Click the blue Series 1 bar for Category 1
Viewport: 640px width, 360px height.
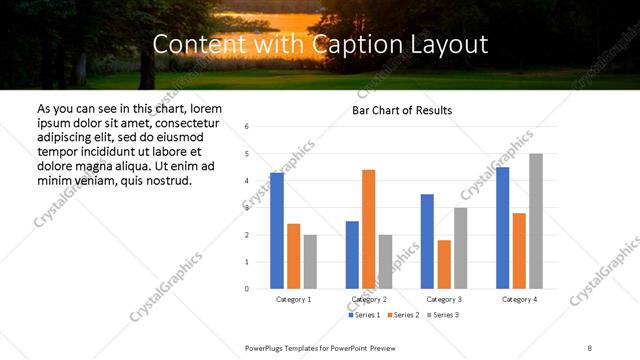pos(277,231)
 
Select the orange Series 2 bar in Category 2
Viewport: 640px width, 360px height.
pos(368,229)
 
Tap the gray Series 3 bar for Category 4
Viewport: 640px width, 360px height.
pos(536,221)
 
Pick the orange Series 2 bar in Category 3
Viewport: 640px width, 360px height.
pos(444,264)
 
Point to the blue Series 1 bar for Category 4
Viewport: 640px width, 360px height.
pos(502,228)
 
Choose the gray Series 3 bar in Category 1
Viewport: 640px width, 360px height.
pos(310,261)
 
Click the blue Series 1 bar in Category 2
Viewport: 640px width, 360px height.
pos(352,255)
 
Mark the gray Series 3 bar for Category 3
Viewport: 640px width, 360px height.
pos(460,248)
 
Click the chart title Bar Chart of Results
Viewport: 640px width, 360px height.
pos(402,110)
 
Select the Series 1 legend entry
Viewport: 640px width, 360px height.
pos(362,315)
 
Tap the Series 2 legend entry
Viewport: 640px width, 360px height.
pos(402,315)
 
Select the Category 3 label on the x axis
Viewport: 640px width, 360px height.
pos(443,299)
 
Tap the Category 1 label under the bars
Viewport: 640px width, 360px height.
pos(293,299)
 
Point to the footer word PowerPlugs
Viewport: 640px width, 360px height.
pos(267,348)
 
